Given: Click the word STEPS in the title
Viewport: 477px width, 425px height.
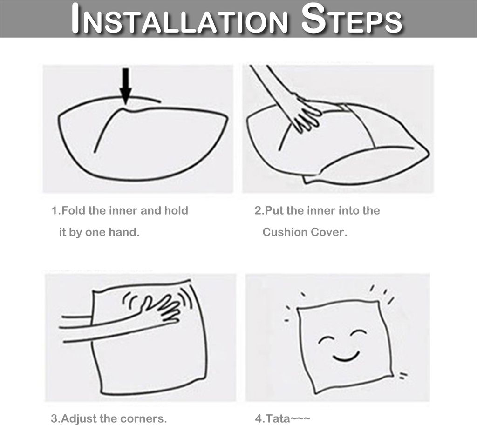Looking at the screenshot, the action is (352, 19).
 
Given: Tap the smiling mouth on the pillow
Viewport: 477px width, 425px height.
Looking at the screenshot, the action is (346, 356).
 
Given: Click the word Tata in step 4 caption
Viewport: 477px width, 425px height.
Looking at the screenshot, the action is (277, 418).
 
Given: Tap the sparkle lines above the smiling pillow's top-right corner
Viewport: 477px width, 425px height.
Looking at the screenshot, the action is (383, 293).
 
